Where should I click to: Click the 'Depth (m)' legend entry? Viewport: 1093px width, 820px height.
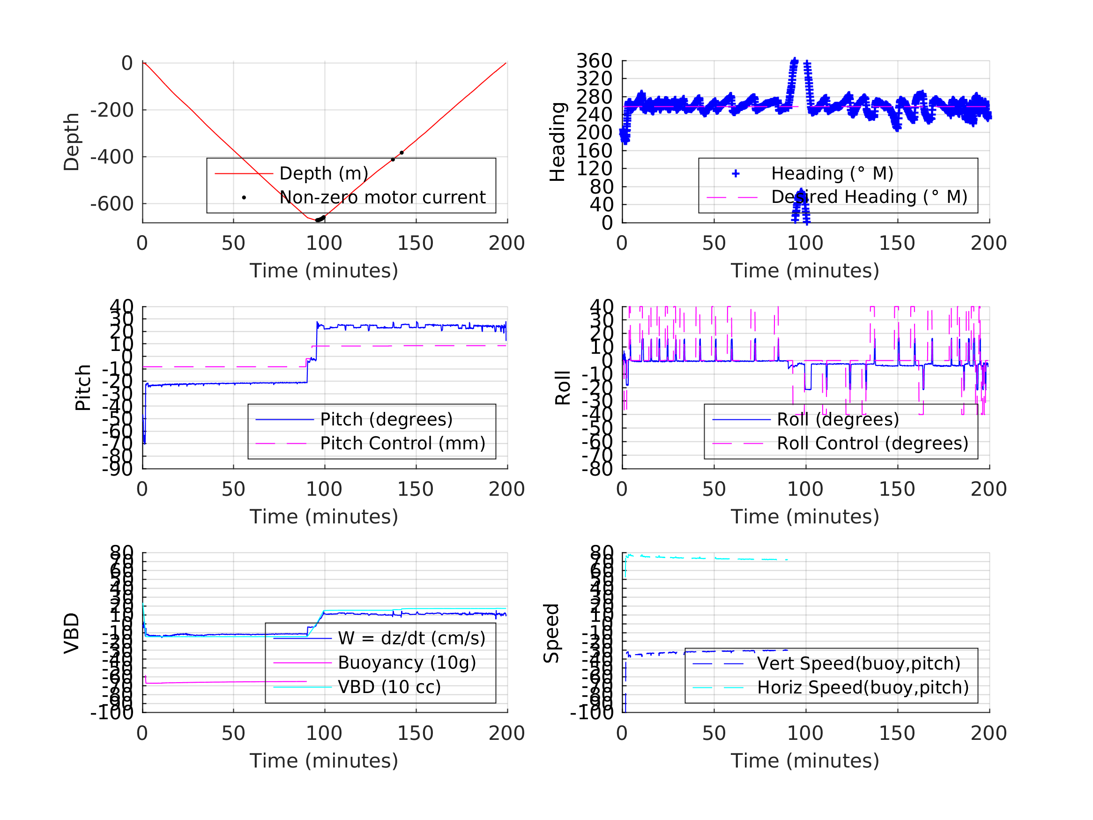pos(324,173)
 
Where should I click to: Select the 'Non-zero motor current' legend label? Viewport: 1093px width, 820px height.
pos(382,197)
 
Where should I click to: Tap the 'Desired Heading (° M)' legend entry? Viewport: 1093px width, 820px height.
pos(869,197)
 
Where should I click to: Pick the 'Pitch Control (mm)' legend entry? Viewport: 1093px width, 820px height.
pos(403,443)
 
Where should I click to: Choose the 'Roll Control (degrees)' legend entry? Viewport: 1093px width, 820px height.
pos(873,443)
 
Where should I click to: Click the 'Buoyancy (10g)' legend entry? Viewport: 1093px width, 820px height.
pos(407,663)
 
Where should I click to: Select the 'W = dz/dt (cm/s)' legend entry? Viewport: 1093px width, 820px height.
pos(412,638)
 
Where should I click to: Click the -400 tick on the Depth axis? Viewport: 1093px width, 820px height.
pos(112,157)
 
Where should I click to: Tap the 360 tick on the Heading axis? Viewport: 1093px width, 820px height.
pos(595,61)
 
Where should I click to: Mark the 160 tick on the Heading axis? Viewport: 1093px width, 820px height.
pos(595,150)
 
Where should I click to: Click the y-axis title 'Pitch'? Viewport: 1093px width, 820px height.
pos(83,388)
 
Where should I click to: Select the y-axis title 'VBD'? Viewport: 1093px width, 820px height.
pos(72,633)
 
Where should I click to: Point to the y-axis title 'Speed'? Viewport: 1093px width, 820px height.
pos(551,633)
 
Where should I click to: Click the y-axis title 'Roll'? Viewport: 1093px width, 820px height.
pos(563,388)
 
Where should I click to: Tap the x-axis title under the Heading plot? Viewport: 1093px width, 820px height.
pos(805,271)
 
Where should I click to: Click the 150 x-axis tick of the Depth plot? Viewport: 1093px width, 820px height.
pos(416,243)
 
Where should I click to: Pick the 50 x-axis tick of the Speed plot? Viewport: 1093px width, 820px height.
pos(714,733)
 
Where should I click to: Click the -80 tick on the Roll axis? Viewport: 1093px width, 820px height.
pos(597,469)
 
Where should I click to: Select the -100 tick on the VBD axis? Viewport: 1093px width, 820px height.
pos(112,713)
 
